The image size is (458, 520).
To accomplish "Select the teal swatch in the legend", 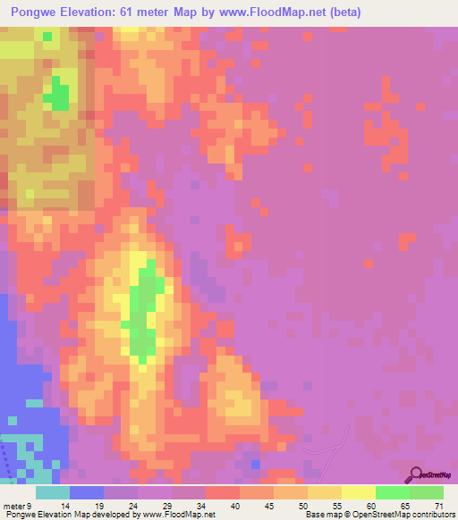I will click(52, 492).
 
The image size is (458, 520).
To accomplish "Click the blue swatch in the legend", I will click(86, 492).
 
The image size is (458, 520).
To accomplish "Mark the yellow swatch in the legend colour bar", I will click(358, 492).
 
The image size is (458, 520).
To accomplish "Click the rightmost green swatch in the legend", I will click(426, 492).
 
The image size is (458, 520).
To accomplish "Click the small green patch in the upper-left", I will click(59, 93).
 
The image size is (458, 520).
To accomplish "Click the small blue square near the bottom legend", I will click(257, 464).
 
